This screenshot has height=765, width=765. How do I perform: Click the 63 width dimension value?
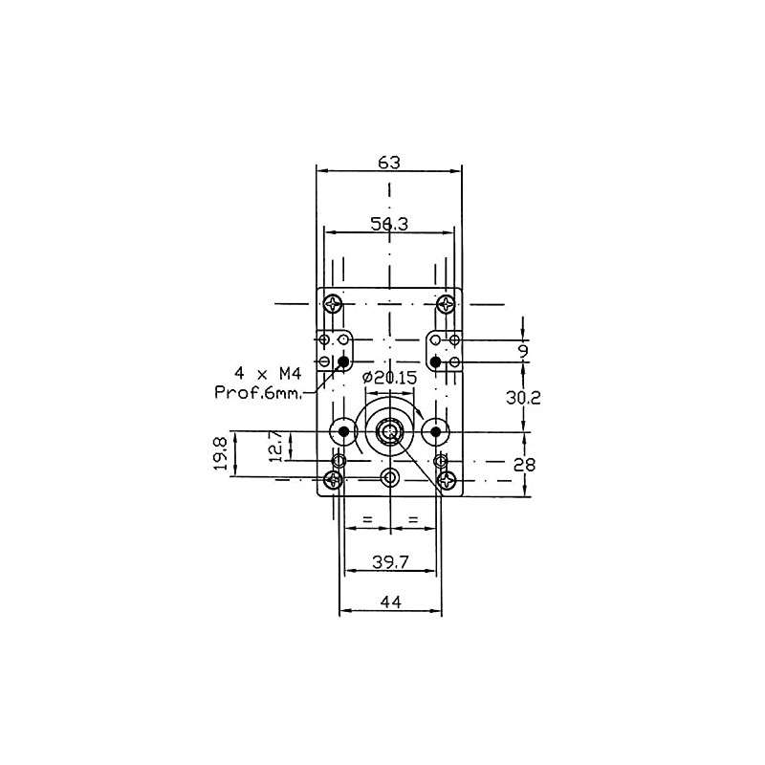[389, 162]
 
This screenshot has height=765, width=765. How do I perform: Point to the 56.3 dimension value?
[389, 224]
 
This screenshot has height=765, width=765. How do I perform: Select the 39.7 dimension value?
[390, 562]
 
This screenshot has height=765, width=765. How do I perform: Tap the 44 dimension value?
[390, 602]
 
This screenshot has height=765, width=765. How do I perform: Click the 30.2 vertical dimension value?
[523, 398]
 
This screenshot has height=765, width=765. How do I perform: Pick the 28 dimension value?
[524, 465]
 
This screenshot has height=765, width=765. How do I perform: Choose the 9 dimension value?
[523, 351]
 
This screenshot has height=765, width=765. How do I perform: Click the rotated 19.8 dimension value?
[221, 453]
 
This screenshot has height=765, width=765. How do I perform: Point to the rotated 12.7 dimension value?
[275, 446]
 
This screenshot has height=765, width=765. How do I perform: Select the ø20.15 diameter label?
[390, 377]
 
